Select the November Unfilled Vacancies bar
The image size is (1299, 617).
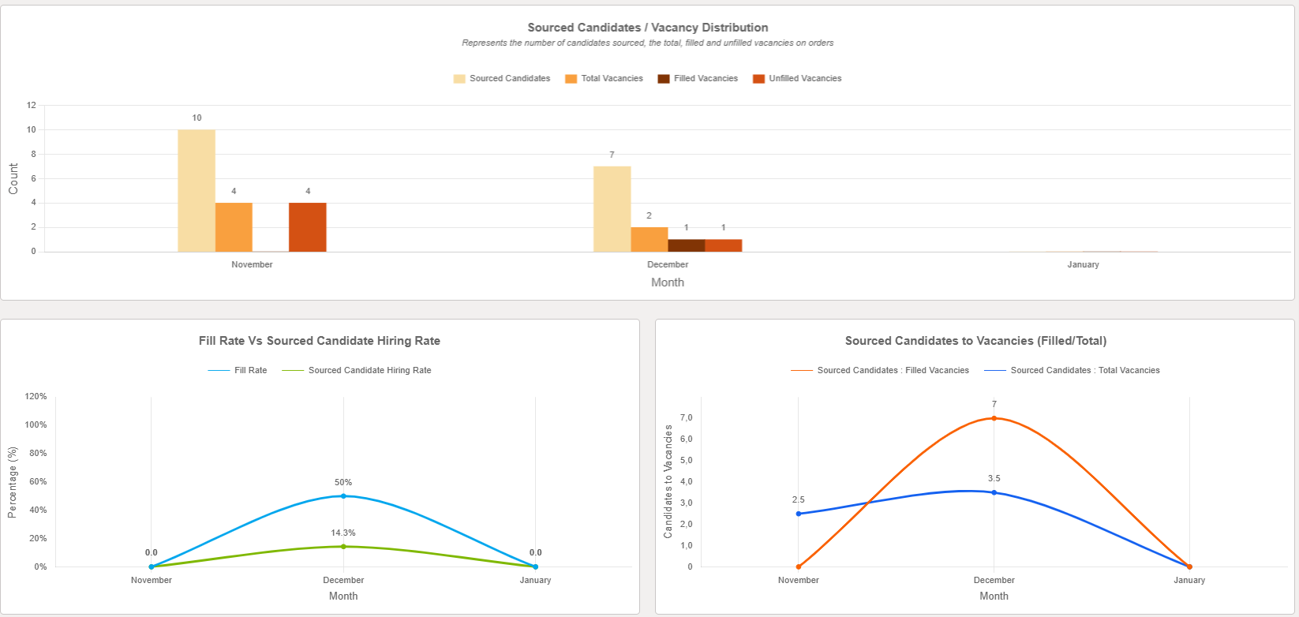click(308, 227)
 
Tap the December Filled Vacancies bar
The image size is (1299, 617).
click(686, 245)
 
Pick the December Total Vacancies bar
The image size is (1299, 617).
click(649, 240)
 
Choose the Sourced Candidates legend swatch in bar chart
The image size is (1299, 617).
click(459, 78)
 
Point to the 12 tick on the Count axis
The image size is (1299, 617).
click(32, 105)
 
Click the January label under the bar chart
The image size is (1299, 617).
click(1083, 264)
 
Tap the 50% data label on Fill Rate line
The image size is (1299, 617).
click(343, 482)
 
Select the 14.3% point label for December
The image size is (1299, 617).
click(343, 533)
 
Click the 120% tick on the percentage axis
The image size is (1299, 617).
click(36, 396)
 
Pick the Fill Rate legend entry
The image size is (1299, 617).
click(238, 370)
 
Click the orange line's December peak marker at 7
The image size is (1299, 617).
click(994, 418)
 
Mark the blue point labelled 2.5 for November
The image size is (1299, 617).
click(799, 514)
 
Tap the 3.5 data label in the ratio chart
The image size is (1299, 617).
click(994, 478)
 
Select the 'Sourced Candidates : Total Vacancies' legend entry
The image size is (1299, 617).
click(1073, 370)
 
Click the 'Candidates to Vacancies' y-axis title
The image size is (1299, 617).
click(668, 481)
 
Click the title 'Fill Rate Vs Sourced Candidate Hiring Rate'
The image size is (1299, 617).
click(320, 341)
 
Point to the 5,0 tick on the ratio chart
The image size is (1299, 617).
click(686, 460)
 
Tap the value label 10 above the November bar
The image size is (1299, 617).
click(197, 118)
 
